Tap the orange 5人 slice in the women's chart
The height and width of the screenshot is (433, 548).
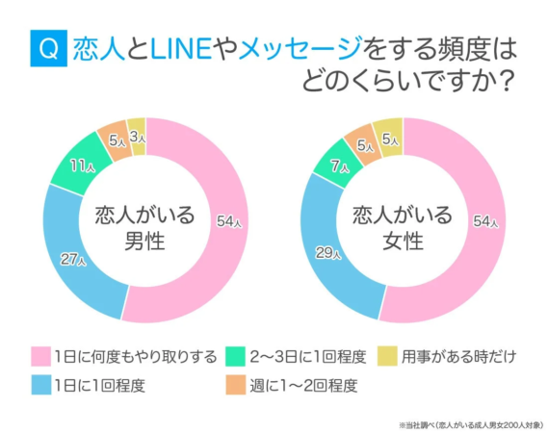[363, 143]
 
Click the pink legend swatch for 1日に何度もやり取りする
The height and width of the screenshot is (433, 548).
[39, 358]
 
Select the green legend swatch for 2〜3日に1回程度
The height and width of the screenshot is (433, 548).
[235, 358]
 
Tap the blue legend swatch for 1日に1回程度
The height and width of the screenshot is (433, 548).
[39, 388]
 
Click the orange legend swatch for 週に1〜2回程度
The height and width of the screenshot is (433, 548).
[235, 388]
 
